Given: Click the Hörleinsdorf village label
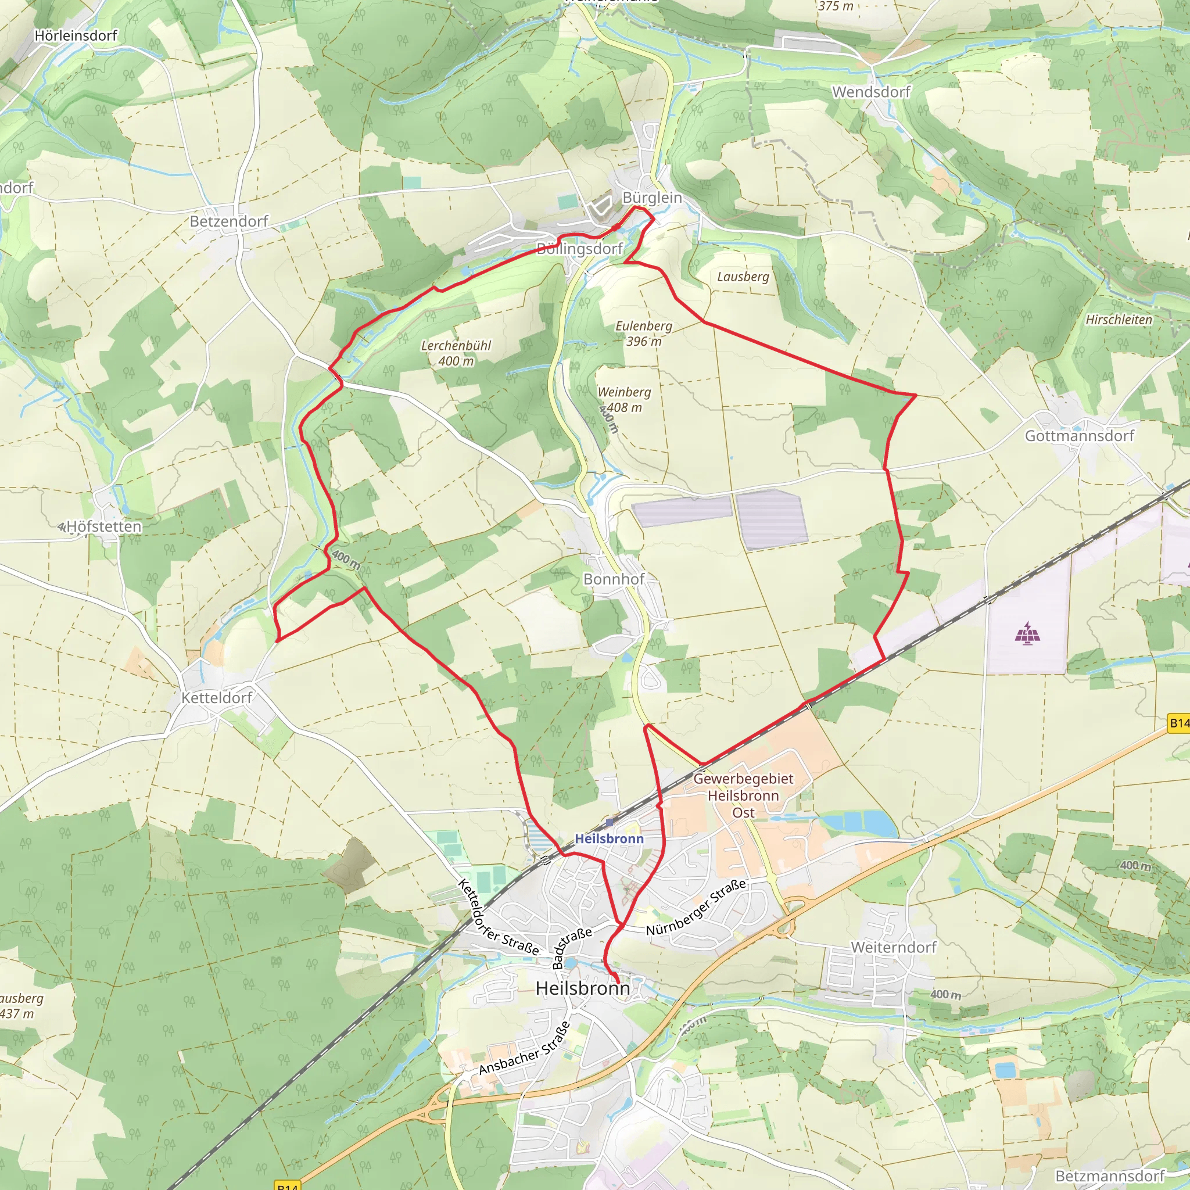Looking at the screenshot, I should (75, 35).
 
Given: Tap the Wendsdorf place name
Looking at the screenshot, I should (871, 92).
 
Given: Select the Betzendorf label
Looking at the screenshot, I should (228, 221).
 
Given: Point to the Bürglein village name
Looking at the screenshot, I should (653, 198).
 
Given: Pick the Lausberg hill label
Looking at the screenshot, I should (743, 277).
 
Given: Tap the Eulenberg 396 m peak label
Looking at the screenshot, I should (644, 333).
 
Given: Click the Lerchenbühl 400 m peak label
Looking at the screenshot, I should (456, 353).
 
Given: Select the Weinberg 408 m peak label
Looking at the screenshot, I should (623, 399).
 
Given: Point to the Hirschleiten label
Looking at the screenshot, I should (1119, 320).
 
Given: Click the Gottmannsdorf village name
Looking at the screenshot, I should (1079, 435).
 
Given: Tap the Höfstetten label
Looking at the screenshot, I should (103, 526).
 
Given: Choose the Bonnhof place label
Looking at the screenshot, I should (614, 579).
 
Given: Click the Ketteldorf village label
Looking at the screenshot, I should (216, 698).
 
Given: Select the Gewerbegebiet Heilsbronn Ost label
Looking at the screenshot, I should (743, 795).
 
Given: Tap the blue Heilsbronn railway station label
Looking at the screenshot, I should (608, 838).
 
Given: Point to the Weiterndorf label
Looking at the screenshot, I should (893, 947).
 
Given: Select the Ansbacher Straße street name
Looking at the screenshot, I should (524, 1048).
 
